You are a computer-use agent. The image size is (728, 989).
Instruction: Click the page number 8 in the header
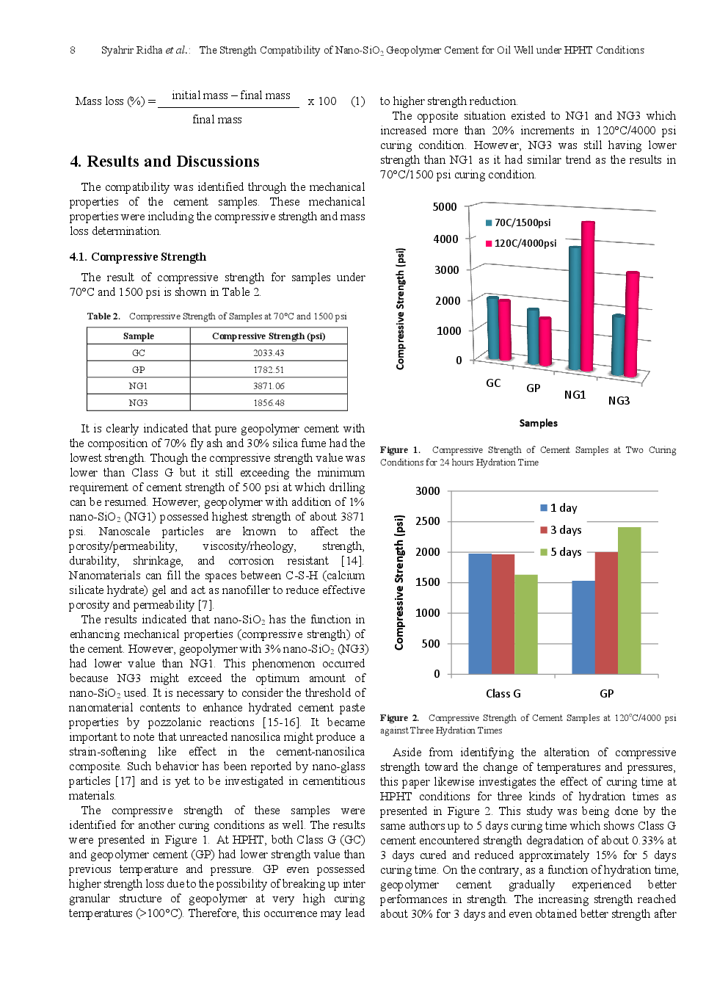tap(72, 50)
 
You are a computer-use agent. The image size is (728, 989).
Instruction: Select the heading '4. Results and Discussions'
tap(164, 162)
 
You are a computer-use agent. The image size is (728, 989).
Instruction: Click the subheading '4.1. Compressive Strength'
tap(137, 257)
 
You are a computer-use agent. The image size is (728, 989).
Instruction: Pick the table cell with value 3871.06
tap(269, 386)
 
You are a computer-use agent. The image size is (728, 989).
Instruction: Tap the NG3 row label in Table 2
tap(138, 403)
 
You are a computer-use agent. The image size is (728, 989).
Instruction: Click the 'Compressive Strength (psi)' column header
tap(269, 336)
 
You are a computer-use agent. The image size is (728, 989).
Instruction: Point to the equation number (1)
tap(357, 101)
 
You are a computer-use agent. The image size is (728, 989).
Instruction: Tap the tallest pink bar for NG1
tap(588, 294)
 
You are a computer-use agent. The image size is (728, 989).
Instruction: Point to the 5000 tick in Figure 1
tap(445, 207)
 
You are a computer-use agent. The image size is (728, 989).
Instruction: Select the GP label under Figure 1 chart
tap(534, 388)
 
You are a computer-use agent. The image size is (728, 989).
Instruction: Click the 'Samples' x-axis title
tap(538, 423)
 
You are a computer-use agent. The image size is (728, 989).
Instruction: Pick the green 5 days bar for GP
tap(629, 599)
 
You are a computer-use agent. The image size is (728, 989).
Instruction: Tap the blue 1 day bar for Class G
tap(480, 613)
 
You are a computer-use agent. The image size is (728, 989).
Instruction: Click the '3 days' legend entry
tap(565, 530)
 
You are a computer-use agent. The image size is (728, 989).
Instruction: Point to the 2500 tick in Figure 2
tap(428, 521)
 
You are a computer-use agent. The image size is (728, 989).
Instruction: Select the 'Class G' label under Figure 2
tap(503, 694)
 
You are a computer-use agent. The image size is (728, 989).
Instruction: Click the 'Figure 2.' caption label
tap(399, 718)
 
